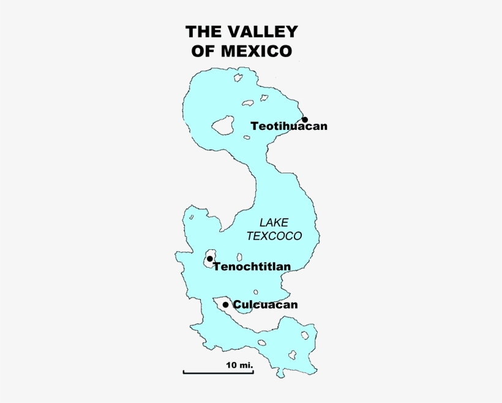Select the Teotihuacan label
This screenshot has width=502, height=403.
click(289, 126)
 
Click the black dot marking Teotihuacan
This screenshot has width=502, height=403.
click(304, 119)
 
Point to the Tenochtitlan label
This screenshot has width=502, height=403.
click(252, 266)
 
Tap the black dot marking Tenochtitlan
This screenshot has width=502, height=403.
click(210, 259)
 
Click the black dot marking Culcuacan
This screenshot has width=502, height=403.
click(226, 304)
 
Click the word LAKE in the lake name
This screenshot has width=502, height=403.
click(274, 222)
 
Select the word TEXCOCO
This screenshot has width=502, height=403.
click(274, 236)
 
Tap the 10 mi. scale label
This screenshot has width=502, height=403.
click(239, 365)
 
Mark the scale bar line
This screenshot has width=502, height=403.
click(218, 372)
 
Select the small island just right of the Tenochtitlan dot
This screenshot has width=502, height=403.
click(240, 257)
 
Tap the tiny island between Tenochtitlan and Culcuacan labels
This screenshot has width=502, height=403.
click(256, 292)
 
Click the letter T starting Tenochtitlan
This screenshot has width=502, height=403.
click(217, 266)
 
